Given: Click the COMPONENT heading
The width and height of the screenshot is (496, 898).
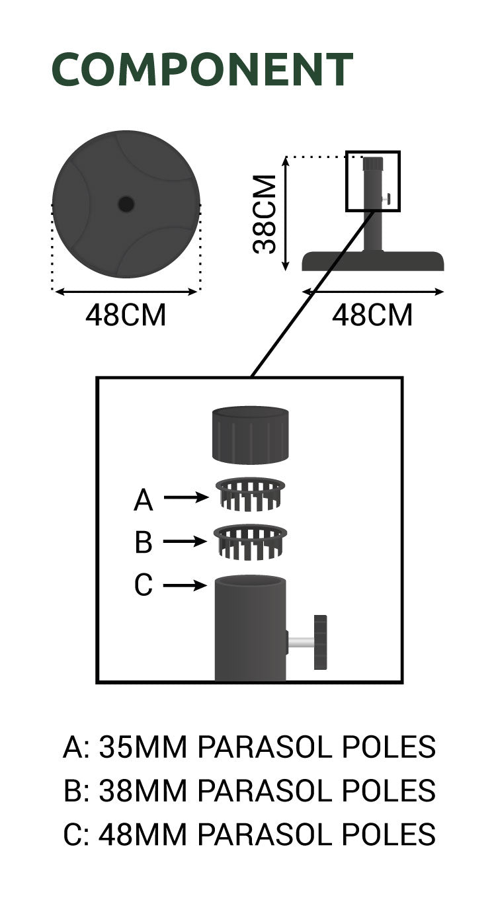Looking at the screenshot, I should click(202, 69).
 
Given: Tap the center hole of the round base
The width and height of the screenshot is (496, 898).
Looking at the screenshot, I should click(126, 204).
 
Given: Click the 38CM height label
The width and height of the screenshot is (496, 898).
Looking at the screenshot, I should click(265, 214).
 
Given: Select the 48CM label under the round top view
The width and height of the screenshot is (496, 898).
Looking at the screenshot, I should click(126, 315).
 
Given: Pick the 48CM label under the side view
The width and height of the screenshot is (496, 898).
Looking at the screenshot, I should click(372, 315).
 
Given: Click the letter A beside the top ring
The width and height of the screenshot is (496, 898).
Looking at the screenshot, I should click(144, 501).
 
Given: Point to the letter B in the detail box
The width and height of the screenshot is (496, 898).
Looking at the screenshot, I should click(144, 543).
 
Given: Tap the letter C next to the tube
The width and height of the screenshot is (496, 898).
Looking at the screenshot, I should click(144, 585).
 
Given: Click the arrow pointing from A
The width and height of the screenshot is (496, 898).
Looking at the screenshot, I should click(186, 498).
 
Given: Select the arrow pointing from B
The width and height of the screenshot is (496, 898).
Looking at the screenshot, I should click(186, 541).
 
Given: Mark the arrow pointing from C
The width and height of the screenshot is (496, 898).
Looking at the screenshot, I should click(186, 585).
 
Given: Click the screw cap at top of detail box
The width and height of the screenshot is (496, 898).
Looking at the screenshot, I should click(250, 434).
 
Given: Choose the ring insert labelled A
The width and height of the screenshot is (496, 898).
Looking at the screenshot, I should click(250, 494).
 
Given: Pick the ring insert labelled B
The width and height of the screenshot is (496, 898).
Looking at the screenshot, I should click(250, 541).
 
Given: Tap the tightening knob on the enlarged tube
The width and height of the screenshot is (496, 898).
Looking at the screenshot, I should click(321, 642).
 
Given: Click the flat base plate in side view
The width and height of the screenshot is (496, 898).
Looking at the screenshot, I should click(373, 261).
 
